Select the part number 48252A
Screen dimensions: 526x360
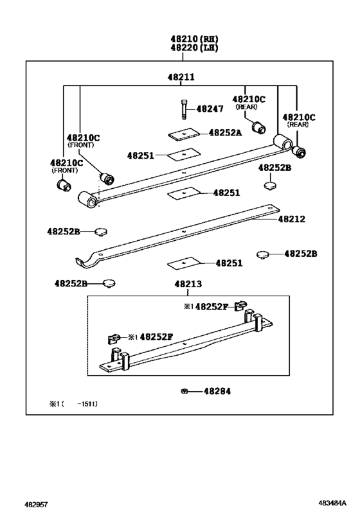[224, 133]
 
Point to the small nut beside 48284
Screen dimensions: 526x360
[184, 391]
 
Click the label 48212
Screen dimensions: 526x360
[291, 219]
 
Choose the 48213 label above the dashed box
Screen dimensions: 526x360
[188, 284]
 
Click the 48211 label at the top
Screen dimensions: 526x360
[181, 76]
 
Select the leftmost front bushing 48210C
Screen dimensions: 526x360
[64, 185]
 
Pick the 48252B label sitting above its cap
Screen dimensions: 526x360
[274, 168]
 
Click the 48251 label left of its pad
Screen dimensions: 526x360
[140, 155]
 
